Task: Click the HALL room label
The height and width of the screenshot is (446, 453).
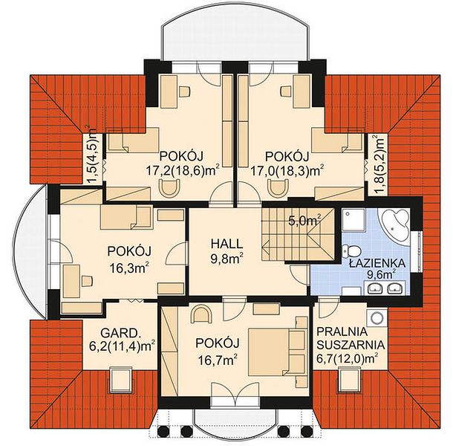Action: coord(226,244)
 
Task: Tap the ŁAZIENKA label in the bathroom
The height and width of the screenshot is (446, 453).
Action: coord(377,263)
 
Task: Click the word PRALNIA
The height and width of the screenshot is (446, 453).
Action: coord(342,332)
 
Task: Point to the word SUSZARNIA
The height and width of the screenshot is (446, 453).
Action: coord(351,345)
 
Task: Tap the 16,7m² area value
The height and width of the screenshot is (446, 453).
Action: coord(218,360)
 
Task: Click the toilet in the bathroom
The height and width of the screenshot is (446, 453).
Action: coord(351,251)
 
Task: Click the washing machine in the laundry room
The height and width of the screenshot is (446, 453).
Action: coord(377,318)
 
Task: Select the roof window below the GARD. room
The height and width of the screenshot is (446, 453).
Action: coord(121,380)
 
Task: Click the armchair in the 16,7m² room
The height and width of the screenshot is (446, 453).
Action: coord(201,315)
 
